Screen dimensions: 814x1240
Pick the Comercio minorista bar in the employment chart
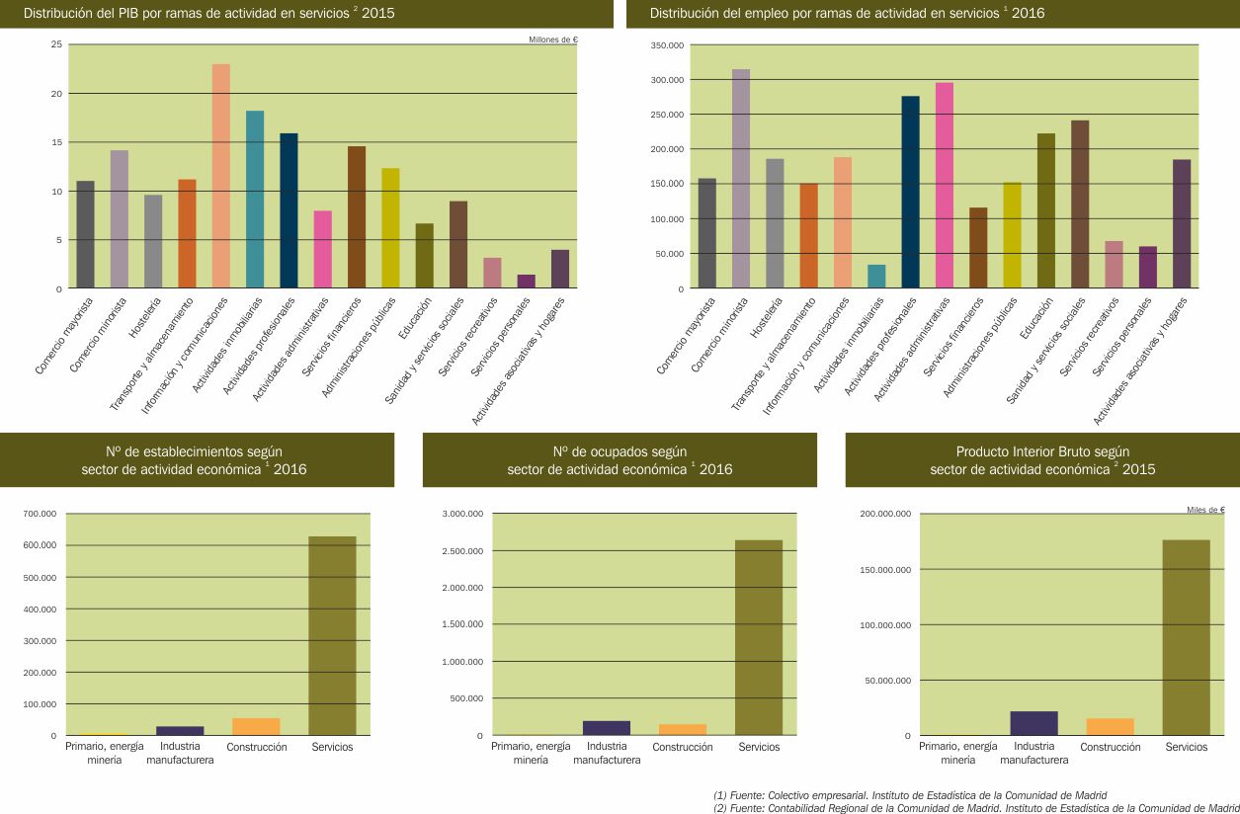click(741, 179)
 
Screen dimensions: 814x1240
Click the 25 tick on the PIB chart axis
click(56, 44)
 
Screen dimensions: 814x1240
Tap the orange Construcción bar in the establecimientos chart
click(256, 726)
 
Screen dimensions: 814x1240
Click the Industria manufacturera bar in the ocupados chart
click(607, 728)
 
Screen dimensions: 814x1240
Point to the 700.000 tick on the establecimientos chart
click(40, 514)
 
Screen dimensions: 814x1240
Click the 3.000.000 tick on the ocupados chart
click(460, 514)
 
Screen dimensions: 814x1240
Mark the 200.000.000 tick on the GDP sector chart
click(885, 514)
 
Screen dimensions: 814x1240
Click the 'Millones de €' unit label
click(553, 40)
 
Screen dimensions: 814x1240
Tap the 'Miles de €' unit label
click(1205, 510)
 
